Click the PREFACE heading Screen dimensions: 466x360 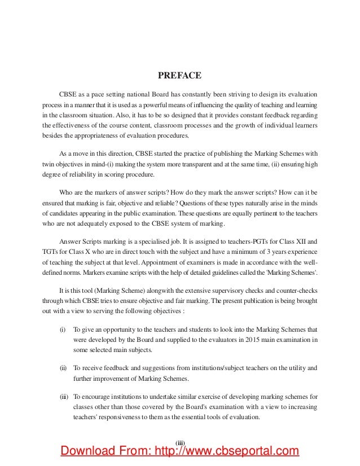pos(180,74)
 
